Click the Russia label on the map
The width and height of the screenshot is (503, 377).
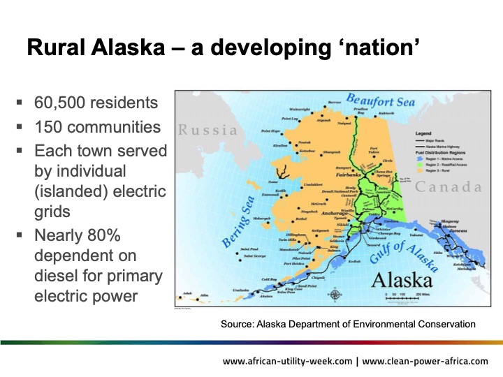pos(207,130)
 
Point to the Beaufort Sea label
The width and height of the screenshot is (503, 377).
pos(380,103)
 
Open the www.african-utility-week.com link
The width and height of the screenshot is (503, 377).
pos(286,361)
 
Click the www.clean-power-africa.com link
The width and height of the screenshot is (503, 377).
pos(426,361)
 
